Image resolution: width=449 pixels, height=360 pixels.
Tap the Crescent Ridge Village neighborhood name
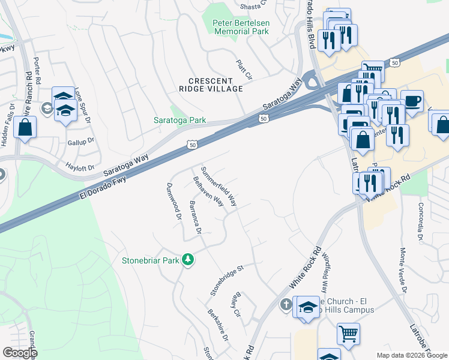click(x=215, y=85)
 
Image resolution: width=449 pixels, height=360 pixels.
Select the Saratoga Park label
click(x=181, y=121)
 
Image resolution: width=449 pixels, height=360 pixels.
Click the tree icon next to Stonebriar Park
click(x=189, y=260)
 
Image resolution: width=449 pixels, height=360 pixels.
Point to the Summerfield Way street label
click(x=219, y=187)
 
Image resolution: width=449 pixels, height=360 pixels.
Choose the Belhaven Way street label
click(x=208, y=191)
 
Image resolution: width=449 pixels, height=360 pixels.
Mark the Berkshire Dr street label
click(x=218, y=325)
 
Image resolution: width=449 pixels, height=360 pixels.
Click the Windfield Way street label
click(x=328, y=272)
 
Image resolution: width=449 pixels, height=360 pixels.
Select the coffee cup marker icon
click(x=412, y=101)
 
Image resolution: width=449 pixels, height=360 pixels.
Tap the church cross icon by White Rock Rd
click(x=286, y=305)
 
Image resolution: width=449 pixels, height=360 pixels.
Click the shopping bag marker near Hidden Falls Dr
click(x=25, y=127)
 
